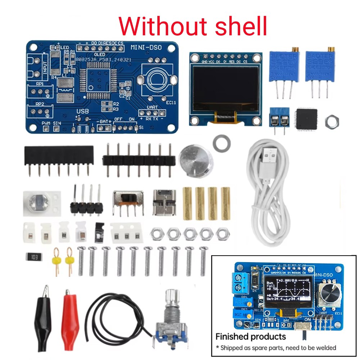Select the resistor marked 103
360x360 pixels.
pyautogui.click(x=33, y=257)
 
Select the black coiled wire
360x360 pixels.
pyautogui.click(x=119, y=317)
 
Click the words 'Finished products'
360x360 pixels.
pyautogui.click(x=251, y=337)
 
